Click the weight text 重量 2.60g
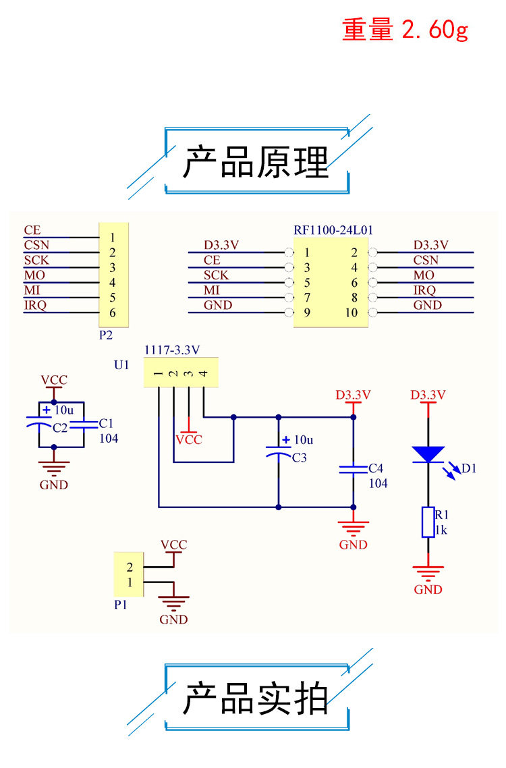pyautogui.click(x=405, y=30)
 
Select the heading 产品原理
pyautogui.click(x=256, y=162)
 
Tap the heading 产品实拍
pyautogui.click(x=256, y=698)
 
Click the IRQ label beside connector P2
pyautogui.click(x=35, y=305)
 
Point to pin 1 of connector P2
pyautogui.click(x=112, y=238)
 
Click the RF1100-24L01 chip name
pyautogui.click(x=333, y=230)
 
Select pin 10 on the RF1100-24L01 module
pyautogui.click(x=352, y=312)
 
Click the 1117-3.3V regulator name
pyautogui.click(x=172, y=350)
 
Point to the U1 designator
pyautogui.click(x=121, y=365)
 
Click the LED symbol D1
pyautogui.click(x=428, y=454)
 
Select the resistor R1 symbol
pyautogui.click(x=428, y=522)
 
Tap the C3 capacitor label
pyautogui.click(x=299, y=458)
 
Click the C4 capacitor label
pyautogui.click(x=376, y=468)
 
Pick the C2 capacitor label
pyautogui.click(x=60, y=428)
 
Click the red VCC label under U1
pyautogui.click(x=189, y=439)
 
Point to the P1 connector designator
pyautogui.click(x=121, y=605)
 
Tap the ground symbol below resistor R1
pyautogui.click(x=428, y=574)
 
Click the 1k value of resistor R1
pyautogui.click(x=441, y=530)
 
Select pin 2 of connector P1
pyautogui.click(x=130, y=566)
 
